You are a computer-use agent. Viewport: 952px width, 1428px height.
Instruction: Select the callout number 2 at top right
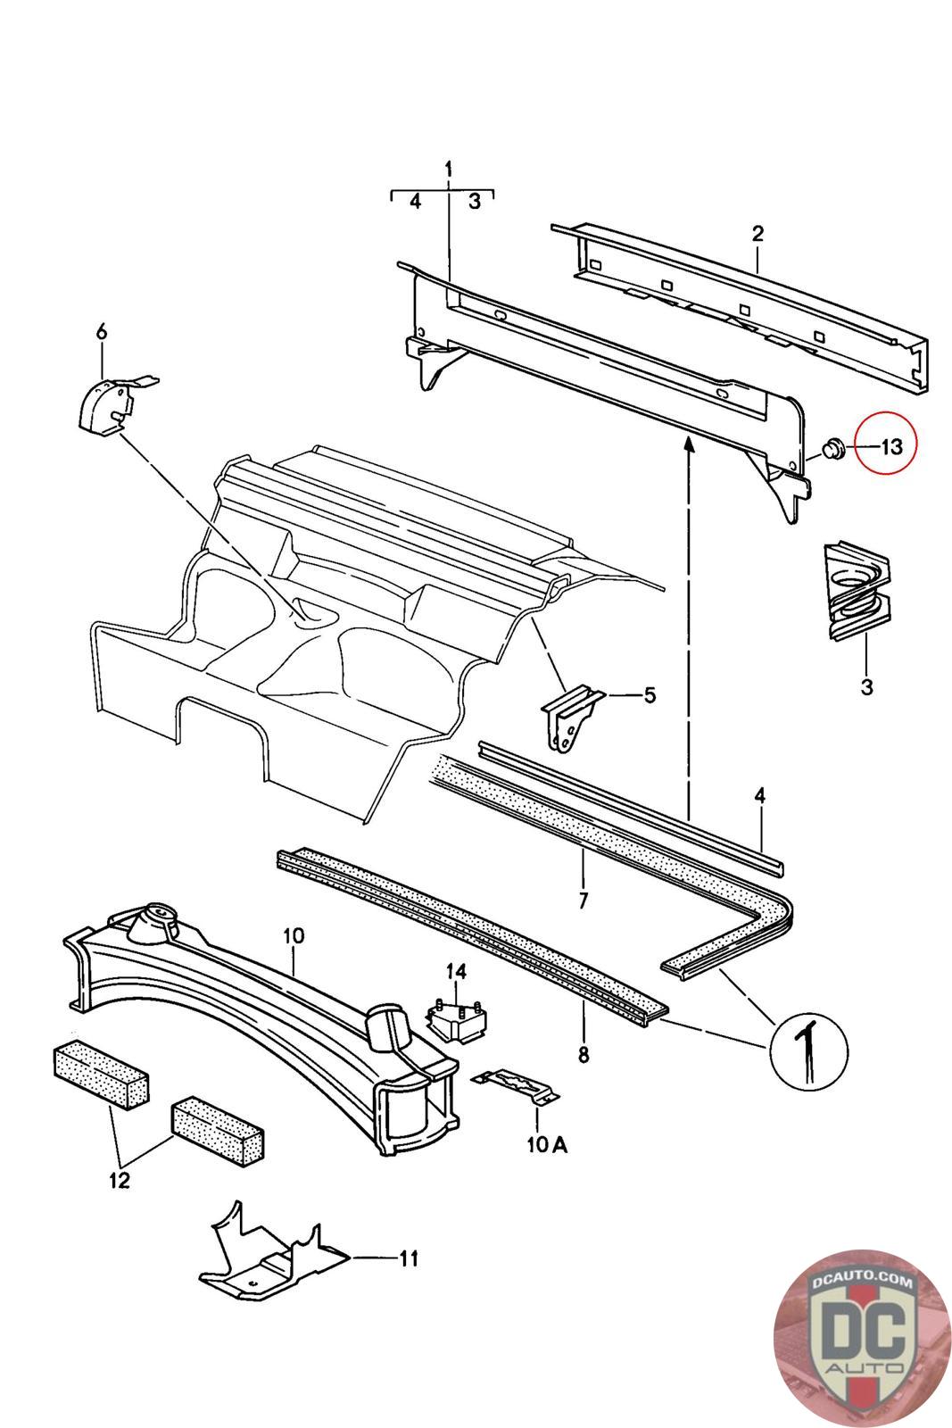[757, 234]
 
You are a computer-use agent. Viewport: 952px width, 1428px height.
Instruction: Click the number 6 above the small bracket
[102, 332]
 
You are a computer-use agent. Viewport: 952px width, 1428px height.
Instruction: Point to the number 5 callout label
[649, 693]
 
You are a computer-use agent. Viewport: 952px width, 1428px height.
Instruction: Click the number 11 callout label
[408, 1258]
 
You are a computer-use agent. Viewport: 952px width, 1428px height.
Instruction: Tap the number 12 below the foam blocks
[120, 1180]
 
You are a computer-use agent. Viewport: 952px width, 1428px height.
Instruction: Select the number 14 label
[457, 970]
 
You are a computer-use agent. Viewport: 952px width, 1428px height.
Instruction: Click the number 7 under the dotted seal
[583, 900]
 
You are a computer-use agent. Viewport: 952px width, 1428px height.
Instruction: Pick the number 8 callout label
[584, 1054]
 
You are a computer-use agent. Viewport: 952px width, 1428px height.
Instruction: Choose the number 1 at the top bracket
[449, 169]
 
